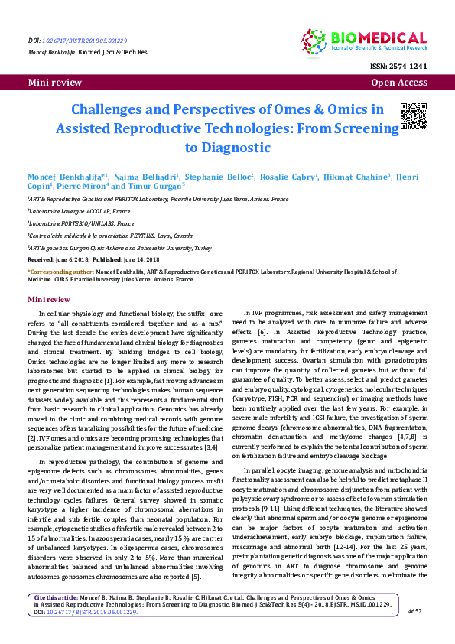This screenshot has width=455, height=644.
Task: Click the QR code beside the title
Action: tap(413, 115)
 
